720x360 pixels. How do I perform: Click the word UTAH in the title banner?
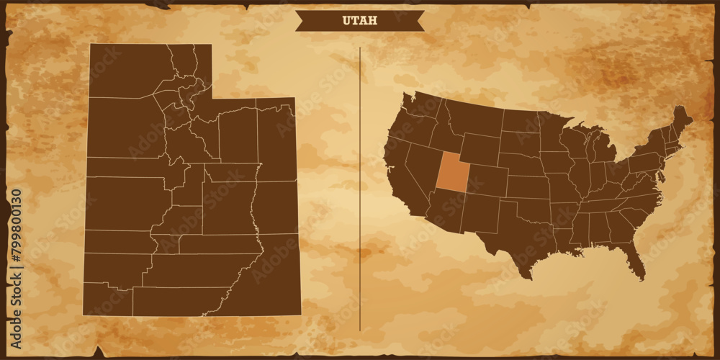[359, 21]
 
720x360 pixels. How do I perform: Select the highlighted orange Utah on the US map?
[452, 174]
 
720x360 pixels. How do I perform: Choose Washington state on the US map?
[418, 107]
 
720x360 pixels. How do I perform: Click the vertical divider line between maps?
[360, 187]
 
